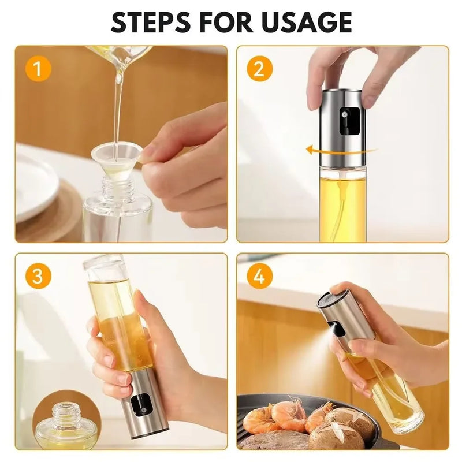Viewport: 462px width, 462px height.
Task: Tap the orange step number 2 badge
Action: pyautogui.click(x=259, y=69)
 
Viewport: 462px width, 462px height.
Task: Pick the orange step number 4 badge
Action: pyautogui.click(x=259, y=277)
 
